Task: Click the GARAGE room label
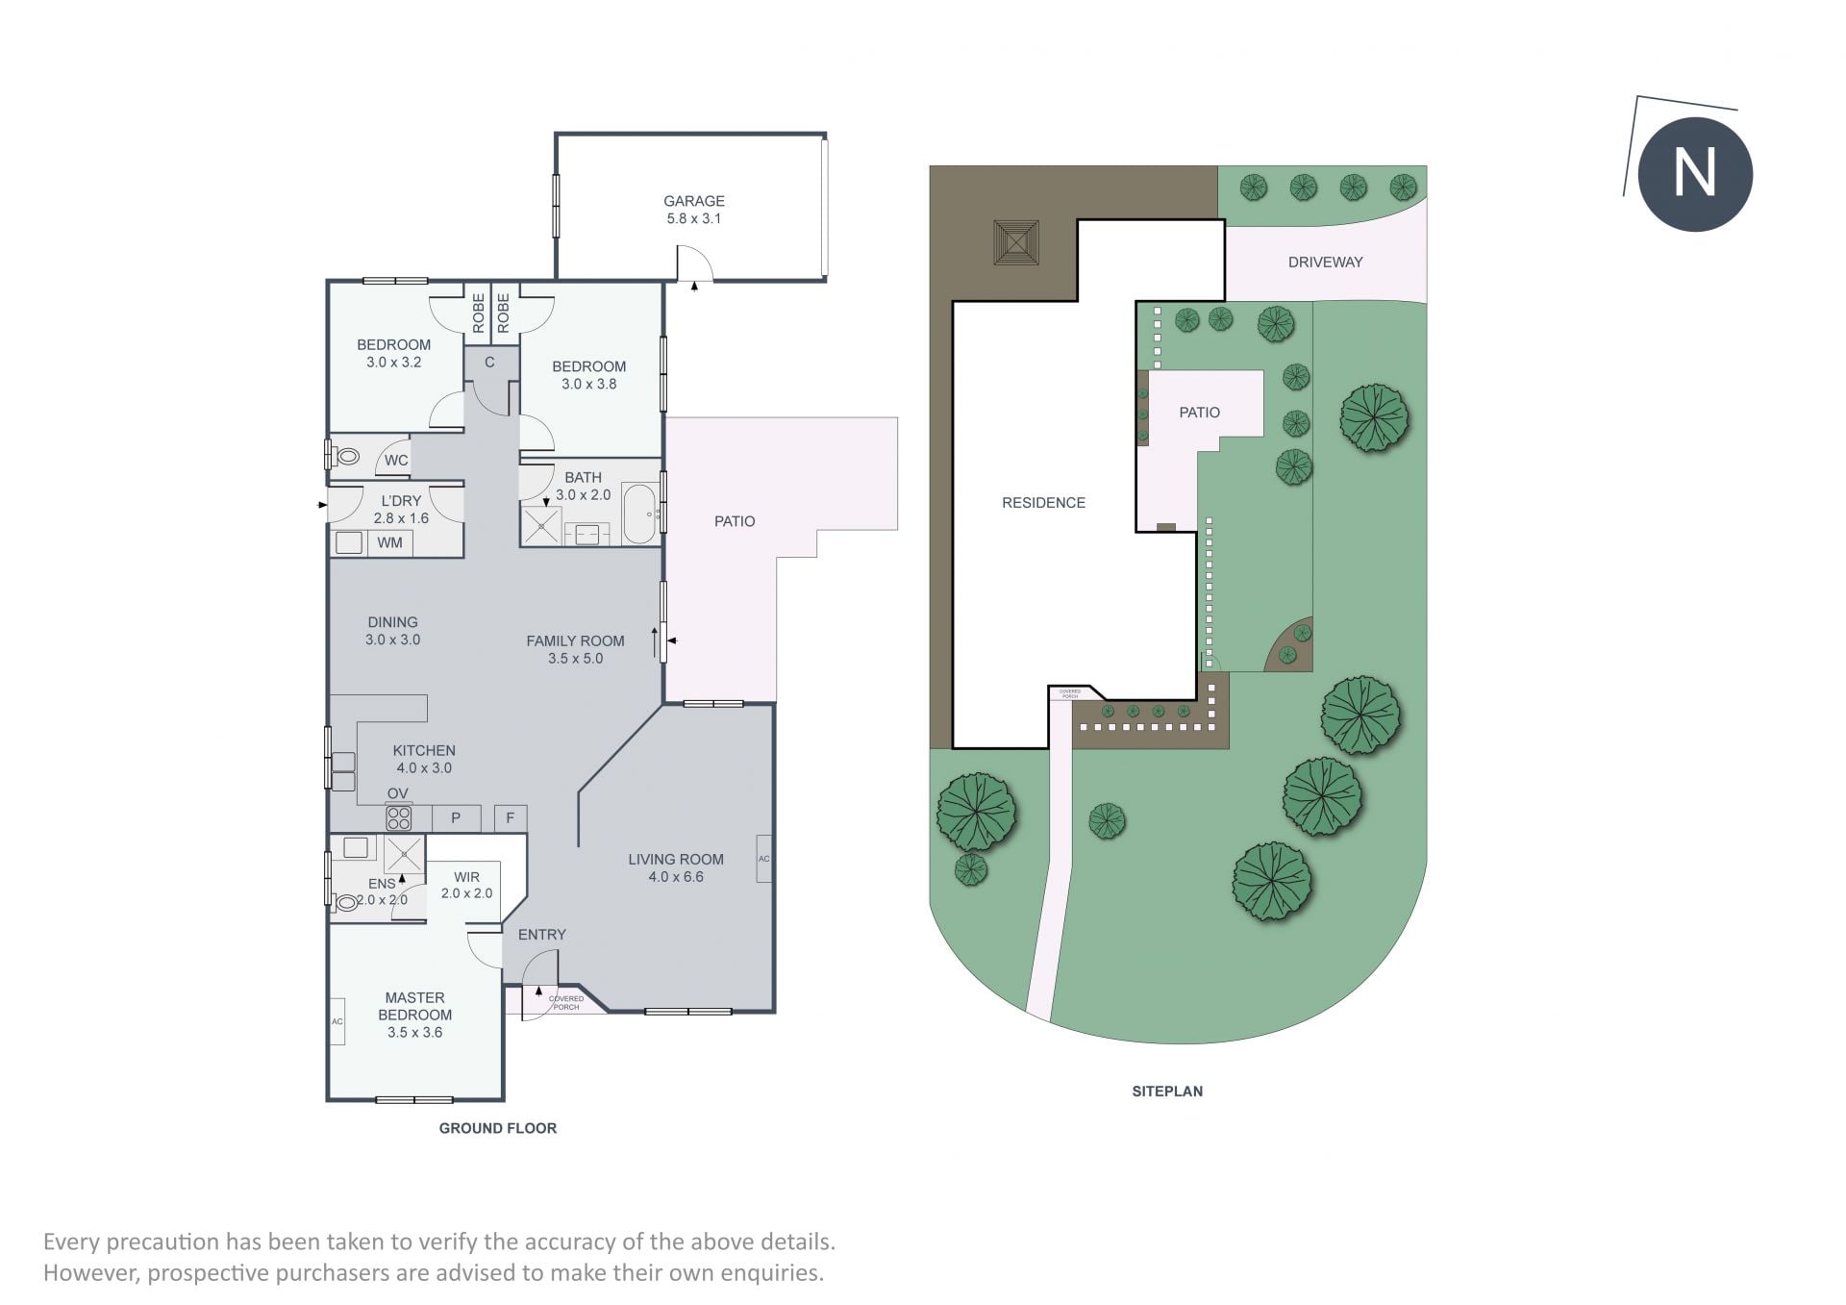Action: click(x=693, y=201)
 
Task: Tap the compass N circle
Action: click(x=1695, y=174)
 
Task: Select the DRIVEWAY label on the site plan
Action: click(x=1325, y=262)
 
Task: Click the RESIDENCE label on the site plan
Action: click(x=1043, y=503)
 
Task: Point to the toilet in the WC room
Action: click(x=346, y=456)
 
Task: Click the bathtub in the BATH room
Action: click(x=639, y=514)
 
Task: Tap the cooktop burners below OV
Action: click(x=398, y=817)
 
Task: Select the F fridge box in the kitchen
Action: click(x=511, y=818)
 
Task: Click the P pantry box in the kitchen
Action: click(x=456, y=818)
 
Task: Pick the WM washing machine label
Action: click(x=389, y=542)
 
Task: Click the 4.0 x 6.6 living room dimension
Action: click(x=676, y=877)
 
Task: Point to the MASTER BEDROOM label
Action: click(x=414, y=1006)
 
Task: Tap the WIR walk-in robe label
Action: click(x=466, y=877)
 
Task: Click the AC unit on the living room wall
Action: click(x=764, y=859)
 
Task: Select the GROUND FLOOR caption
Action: click(x=498, y=1128)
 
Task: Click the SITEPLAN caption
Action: click(x=1167, y=1092)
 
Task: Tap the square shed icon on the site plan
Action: click(x=1016, y=242)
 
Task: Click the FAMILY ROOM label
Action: click(x=575, y=641)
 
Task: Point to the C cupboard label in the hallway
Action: click(x=489, y=363)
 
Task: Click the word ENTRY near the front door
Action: click(x=541, y=935)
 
